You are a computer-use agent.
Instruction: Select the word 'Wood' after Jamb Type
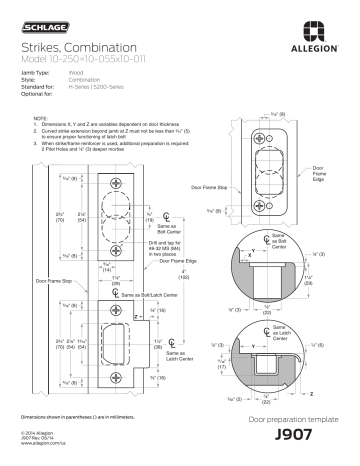(x=76, y=73)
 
